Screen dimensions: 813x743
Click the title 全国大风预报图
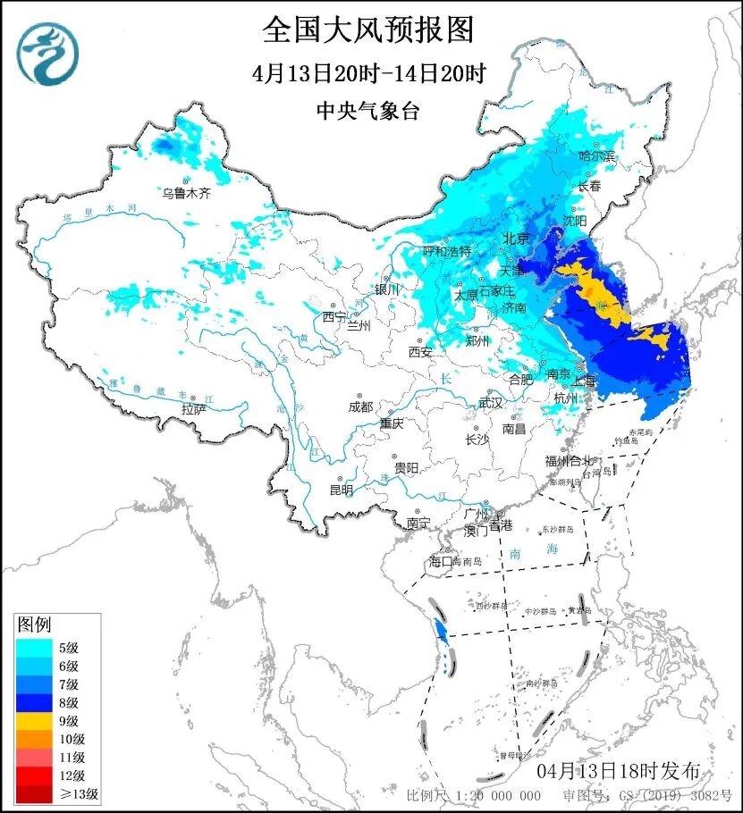pos(367,29)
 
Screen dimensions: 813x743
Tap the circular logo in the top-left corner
pos(50,54)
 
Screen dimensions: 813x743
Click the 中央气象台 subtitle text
pos(367,111)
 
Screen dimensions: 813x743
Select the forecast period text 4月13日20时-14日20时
pos(367,73)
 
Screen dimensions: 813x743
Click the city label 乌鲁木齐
pos(186,192)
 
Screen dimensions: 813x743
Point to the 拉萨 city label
pos(194,408)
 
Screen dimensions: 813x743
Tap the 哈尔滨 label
pos(597,156)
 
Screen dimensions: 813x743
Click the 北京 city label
pos(517,239)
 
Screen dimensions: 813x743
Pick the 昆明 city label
pos(341,490)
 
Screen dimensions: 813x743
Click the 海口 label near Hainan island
pos(442,561)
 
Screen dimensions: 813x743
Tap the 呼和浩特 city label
pos(446,252)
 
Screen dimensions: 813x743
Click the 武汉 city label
pos(491,403)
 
